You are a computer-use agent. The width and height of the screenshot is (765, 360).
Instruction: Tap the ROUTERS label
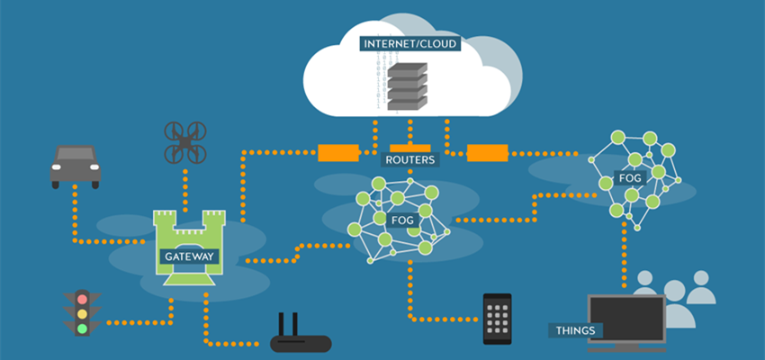[x=409, y=160]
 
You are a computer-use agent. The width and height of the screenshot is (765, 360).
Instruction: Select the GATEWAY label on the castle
[x=189, y=256]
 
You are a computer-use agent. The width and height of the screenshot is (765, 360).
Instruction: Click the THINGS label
[x=576, y=330]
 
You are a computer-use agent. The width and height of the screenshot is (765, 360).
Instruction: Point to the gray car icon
[x=75, y=165]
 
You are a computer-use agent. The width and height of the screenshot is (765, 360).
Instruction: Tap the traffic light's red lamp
[x=83, y=297]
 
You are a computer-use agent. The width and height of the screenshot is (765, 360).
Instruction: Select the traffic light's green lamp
[x=83, y=328]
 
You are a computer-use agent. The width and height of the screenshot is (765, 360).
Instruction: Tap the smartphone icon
[x=497, y=318]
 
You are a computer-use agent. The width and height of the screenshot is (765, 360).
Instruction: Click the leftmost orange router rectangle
[x=339, y=153]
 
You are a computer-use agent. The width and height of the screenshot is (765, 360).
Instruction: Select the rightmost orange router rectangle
[x=488, y=153]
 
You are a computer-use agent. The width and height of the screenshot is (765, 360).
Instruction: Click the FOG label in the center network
[x=402, y=220]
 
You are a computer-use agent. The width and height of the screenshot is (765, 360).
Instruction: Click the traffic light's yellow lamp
[x=83, y=313]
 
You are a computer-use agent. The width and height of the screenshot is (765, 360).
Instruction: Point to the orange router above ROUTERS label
[x=411, y=148]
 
